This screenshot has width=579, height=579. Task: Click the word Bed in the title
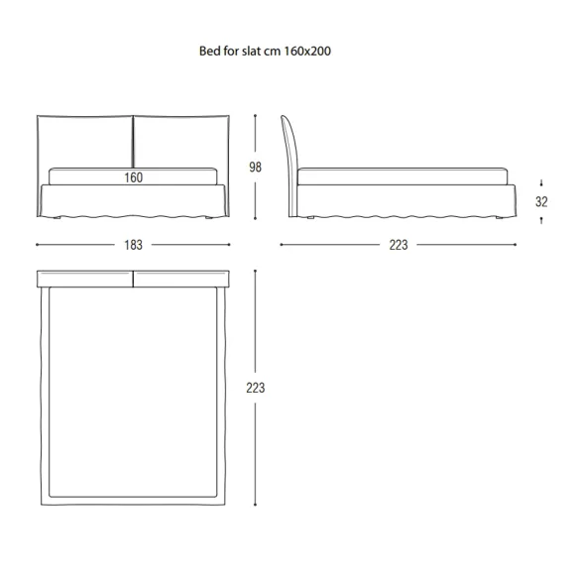click(x=208, y=51)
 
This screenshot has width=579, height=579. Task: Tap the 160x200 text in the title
click(x=307, y=51)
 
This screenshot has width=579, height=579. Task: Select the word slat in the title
click(x=250, y=51)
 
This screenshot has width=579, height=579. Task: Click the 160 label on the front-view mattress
click(x=133, y=177)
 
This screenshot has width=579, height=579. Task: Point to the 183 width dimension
click(x=133, y=245)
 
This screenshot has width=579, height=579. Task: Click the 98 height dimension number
click(x=255, y=168)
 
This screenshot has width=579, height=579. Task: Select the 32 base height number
click(x=541, y=201)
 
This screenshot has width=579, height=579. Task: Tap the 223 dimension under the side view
click(x=399, y=245)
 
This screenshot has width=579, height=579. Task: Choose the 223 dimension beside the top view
click(x=255, y=388)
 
